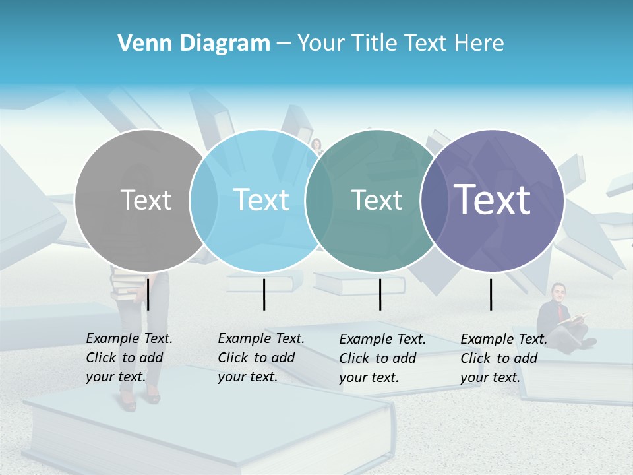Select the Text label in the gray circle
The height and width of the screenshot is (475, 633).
[x=146, y=201]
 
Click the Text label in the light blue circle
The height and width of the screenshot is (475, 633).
[x=262, y=201]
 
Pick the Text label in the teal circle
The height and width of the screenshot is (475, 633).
[x=377, y=201]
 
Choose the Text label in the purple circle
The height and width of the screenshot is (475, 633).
[x=492, y=201]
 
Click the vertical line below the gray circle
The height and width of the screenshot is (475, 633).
[x=148, y=294]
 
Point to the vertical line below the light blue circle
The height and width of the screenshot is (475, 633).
[x=264, y=294]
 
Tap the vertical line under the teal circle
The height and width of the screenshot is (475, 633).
[x=380, y=294]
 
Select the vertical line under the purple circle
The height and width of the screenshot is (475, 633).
[x=491, y=294]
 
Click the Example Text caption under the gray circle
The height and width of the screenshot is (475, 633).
[x=129, y=358]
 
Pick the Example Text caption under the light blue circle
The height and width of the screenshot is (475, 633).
[x=260, y=358]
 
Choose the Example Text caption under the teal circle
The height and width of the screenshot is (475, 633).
[x=382, y=358]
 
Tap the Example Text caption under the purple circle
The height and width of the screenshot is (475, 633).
[x=503, y=358]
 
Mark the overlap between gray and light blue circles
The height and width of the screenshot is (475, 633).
[x=204, y=201]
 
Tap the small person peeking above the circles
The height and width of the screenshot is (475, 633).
[x=316, y=146]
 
